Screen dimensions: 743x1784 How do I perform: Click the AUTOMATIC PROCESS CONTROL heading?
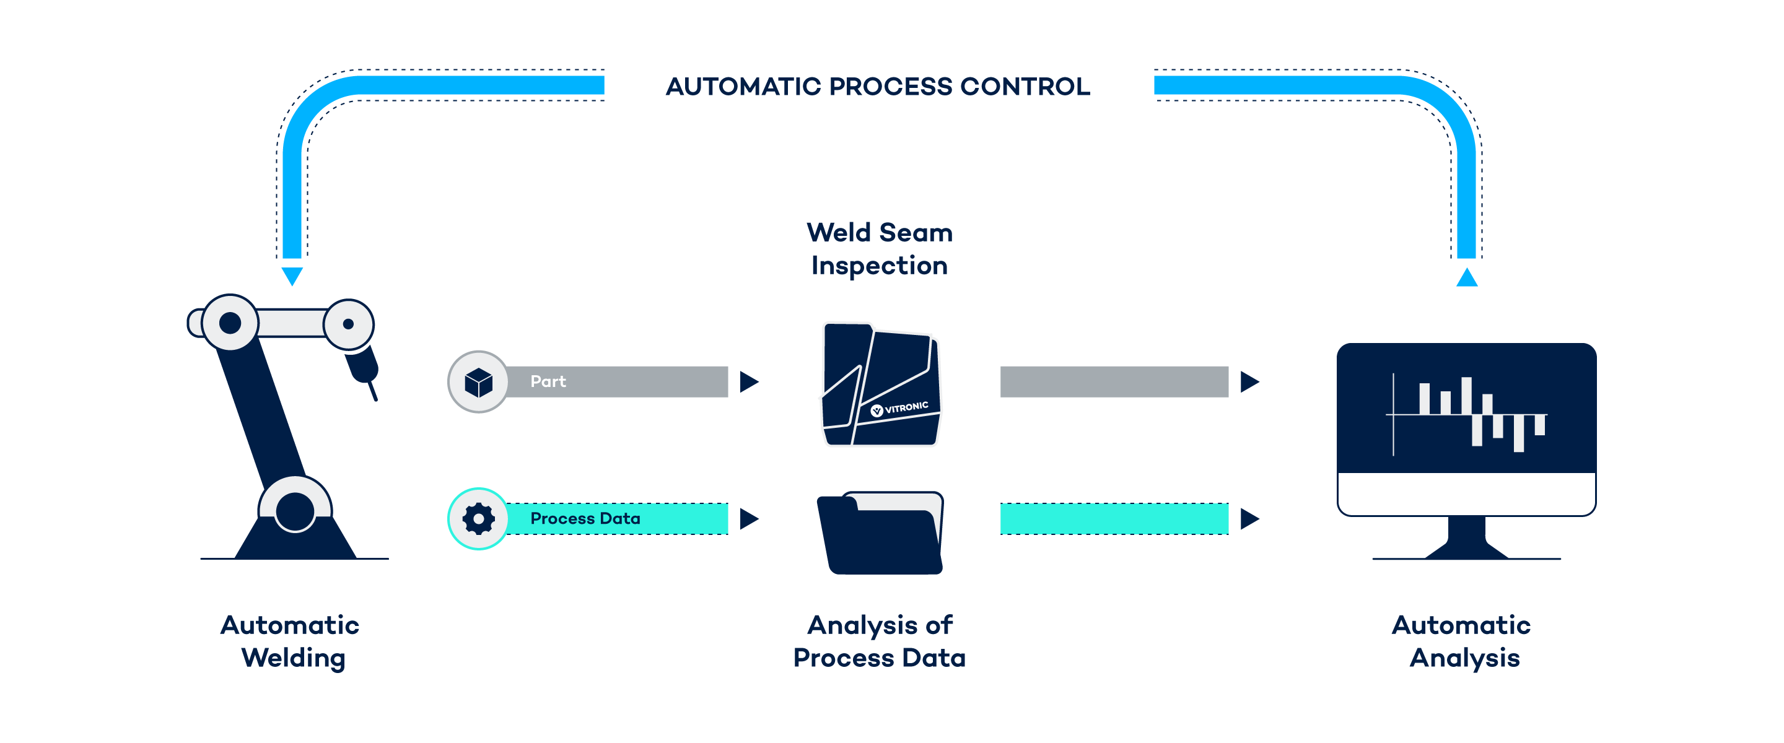pos(878,87)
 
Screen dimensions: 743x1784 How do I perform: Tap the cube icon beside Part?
pos(478,381)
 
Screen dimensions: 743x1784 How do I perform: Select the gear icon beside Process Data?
pos(478,519)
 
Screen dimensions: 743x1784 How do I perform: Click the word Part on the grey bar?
pos(548,381)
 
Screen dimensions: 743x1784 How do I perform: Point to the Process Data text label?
pos(585,519)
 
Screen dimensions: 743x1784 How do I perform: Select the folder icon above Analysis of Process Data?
pos(880,533)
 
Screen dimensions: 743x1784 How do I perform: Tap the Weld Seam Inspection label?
pos(880,248)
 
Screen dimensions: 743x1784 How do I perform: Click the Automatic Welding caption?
pos(291,641)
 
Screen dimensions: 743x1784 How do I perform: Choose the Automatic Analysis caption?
pos(1463,641)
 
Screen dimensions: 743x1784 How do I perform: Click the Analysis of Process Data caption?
pos(880,641)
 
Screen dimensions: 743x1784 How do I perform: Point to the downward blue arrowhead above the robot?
pos(292,276)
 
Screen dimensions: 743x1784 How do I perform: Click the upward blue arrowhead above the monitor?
pos(1467,277)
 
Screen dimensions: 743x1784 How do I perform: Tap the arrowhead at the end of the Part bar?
pos(749,381)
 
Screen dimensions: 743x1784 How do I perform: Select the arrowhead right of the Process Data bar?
pos(749,519)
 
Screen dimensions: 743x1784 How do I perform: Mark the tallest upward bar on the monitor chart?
pos(1466,396)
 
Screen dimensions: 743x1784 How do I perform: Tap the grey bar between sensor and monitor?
pos(1114,381)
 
